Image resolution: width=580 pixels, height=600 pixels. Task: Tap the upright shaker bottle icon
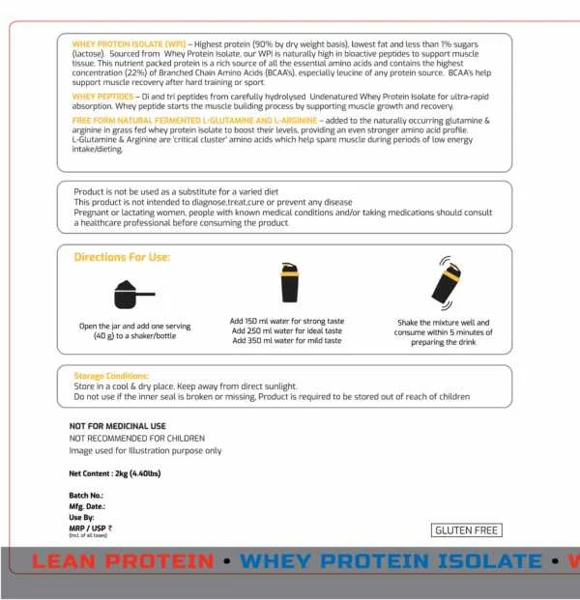288,283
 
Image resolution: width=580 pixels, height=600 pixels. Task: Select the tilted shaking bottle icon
446,282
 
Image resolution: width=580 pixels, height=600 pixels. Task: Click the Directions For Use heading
122,257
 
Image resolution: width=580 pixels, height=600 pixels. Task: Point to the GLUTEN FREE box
467,529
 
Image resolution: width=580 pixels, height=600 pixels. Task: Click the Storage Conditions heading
111,375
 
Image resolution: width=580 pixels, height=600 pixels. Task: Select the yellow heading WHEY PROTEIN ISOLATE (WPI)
129,44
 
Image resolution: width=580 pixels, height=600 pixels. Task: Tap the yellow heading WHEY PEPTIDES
103,97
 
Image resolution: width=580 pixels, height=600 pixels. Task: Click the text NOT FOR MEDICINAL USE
117,426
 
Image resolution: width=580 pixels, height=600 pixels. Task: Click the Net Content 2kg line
113,473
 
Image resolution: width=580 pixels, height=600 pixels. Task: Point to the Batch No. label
86,496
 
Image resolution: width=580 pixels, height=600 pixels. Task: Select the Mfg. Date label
87,506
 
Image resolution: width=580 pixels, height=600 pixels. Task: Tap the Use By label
83,517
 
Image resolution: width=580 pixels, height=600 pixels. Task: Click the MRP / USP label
90,528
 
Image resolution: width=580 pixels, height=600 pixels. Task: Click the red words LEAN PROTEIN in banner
123,561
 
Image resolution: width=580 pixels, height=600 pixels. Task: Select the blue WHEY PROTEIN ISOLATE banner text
391,561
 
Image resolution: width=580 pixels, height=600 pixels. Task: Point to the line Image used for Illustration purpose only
145,450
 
